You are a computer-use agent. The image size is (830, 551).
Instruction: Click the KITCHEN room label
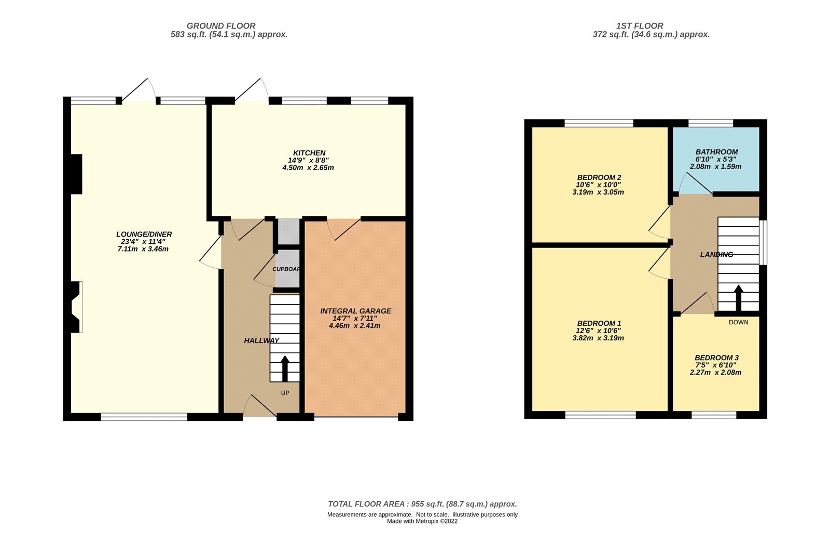click(309, 153)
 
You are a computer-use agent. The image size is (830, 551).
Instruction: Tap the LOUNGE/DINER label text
click(144, 235)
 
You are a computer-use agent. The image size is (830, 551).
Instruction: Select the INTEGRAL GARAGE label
click(355, 311)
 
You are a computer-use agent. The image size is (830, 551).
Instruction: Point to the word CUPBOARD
click(286, 269)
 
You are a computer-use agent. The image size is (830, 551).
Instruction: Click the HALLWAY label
click(261, 341)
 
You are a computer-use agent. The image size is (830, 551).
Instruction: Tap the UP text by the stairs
click(285, 393)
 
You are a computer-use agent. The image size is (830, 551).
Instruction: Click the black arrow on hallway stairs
click(285, 368)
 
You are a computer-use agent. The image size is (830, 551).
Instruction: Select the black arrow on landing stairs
click(738, 297)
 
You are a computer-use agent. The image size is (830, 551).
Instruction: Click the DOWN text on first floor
click(738, 322)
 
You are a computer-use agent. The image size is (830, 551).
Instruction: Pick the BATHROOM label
click(716, 152)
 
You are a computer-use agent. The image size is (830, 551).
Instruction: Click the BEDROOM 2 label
click(599, 177)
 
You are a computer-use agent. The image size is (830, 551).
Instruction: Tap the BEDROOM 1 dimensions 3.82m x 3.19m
click(598, 338)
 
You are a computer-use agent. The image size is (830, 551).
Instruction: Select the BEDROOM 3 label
click(716, 358)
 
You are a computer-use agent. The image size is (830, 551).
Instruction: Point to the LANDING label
click(716, 255)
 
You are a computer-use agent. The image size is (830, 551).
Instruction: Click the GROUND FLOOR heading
click(221, 26)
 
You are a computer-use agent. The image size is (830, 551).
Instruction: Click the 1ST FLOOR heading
click(639, 26)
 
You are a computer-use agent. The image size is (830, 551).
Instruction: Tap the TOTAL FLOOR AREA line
click(422, 504)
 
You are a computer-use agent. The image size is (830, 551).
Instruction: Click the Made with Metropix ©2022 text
click(422, 521)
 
